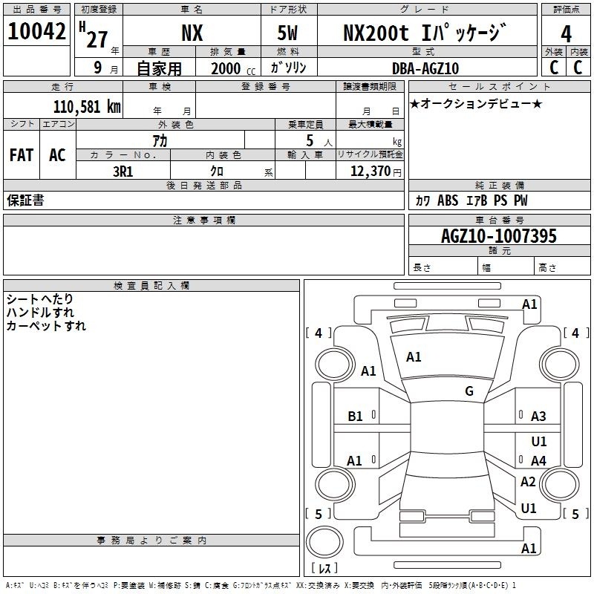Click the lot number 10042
click(36, 31)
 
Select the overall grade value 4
click(566, 34)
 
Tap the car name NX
click(192, 33)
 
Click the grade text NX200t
click(376, 33)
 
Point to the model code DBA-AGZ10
click(425, 68)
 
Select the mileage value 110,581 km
click(87, 107)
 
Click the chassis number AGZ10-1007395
click(499, 236)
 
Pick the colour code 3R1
click(123, 172)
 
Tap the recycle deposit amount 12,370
click(371, 172)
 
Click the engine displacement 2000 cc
click(233, 69)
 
